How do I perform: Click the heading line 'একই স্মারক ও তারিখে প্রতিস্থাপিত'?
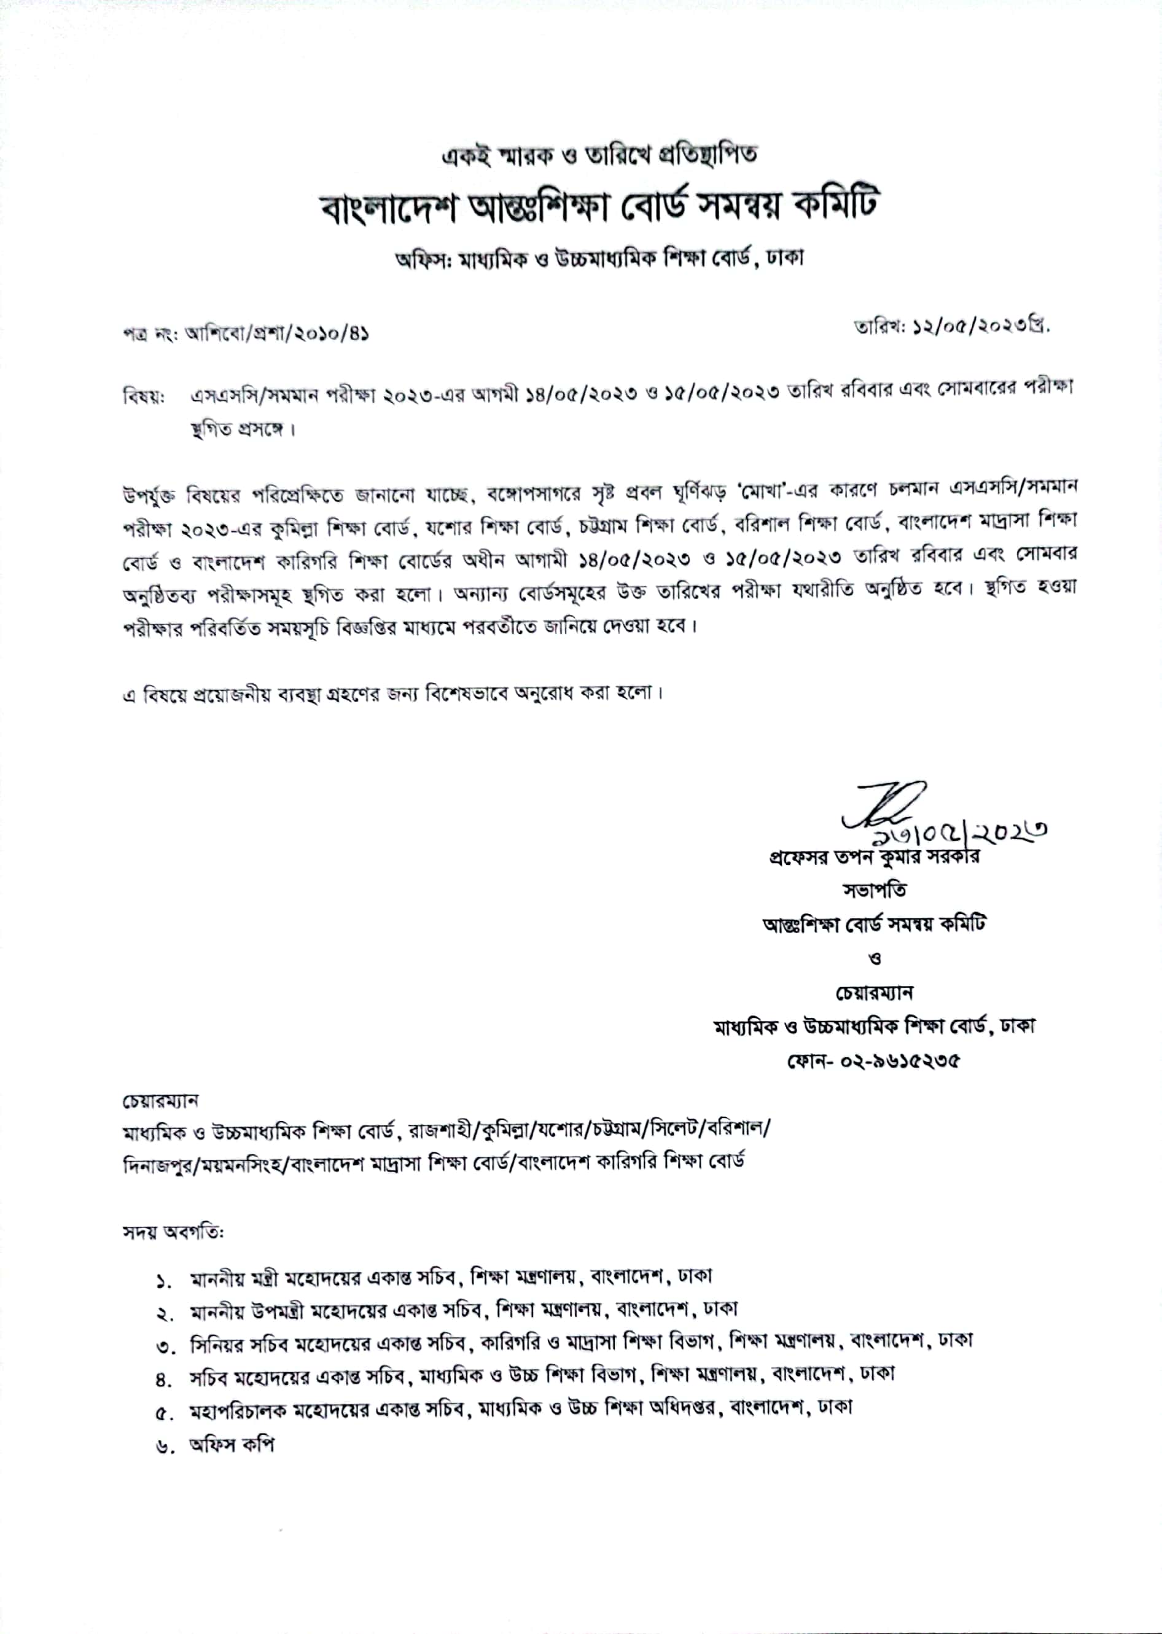[599, 154]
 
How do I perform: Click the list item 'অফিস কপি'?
[232, 1444]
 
